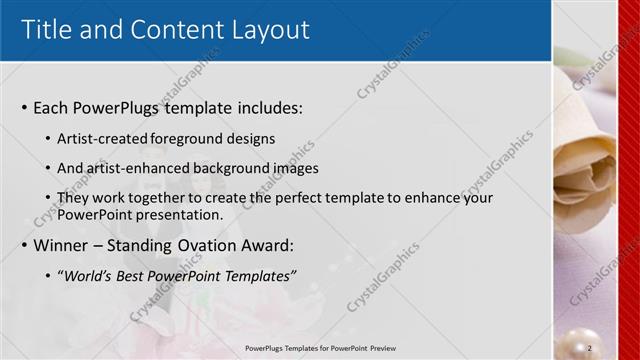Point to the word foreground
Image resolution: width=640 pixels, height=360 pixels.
click(x=190, y=139)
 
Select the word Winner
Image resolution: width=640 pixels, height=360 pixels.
click(x=63, y=246)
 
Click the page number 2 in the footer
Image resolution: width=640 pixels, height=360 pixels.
click(x=590, y=347)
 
